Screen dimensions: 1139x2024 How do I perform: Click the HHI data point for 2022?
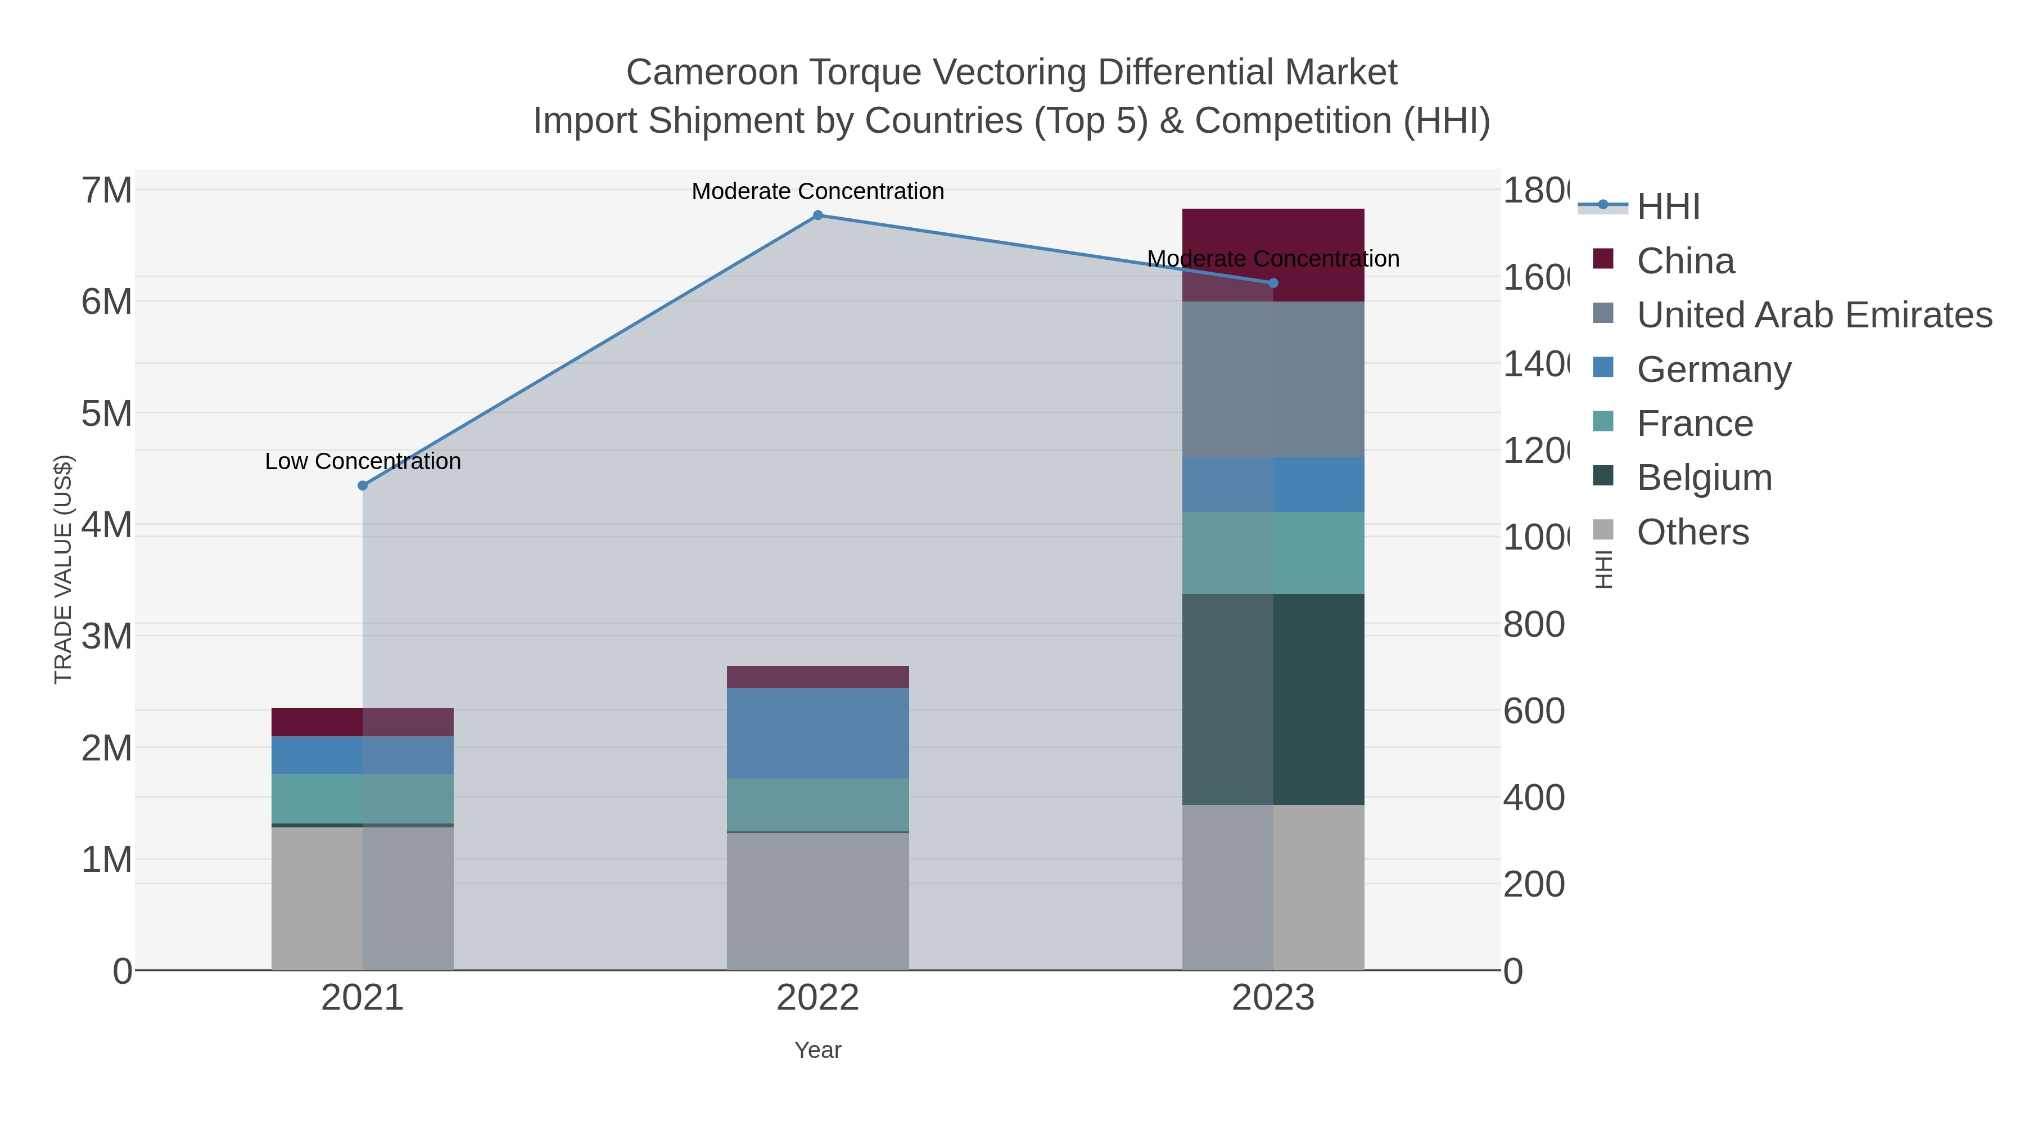click(x=818, y=215)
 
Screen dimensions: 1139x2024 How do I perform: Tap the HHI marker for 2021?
click(x=362, y=486)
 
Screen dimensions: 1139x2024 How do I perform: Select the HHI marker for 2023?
click(x=1273, y=283)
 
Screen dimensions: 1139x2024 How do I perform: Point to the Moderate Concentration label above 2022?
click(x=818, y=191)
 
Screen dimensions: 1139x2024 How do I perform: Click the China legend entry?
click(x=1686, y=261)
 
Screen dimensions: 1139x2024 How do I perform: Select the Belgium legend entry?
click(x=1704, y=478)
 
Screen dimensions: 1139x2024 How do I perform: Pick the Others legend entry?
click(x=1692, y=532)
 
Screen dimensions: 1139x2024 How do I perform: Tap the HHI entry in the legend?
click(x=1668, y=207)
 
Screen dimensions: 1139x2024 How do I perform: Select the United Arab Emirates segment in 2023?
click(x=1273, y=380)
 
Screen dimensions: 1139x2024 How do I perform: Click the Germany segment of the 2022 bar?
click(x=818, y=733)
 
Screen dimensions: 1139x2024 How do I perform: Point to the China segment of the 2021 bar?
click(x=362, y=722)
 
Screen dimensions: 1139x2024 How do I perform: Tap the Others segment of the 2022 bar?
click(x=818, y=901)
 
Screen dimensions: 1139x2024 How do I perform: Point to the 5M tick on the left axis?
click(x=107, y=413)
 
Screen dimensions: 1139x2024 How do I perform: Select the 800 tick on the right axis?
click(x=1534, y=625)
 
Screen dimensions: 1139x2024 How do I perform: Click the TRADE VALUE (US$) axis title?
click(x=63, y=569)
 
